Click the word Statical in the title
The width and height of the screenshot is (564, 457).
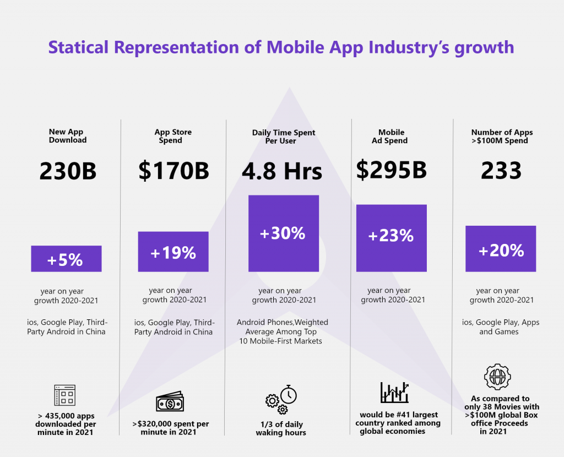pyautogui.click(x=78, y=47)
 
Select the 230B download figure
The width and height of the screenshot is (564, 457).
pyautogui.click(x=68, y=171)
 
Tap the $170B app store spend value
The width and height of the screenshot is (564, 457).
pyautogui.click(x=173, y=171)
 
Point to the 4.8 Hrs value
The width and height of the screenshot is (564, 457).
pyautogui.click(x=282, y=171)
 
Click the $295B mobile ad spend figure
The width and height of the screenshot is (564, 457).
pyautogui.click(x=391, y=170)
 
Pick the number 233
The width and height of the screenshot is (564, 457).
pyautogui.click(x=501, y=171)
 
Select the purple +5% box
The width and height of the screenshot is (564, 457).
pyautogui.click(x=66, y=259)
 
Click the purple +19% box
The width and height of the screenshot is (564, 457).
pyautogui.click(x=173, y=252)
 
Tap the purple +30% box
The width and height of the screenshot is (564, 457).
pyautogui.click(x=283, y=233)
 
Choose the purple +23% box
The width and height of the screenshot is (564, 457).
pyautogui.click(x=391, y=238)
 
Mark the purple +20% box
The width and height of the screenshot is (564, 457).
pyautogui.click(x=501, y=249)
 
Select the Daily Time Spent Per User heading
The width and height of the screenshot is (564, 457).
pyautogui.click(x=284, y=137)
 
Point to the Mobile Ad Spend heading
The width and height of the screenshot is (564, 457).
pyautogui.click(x=392, y=136)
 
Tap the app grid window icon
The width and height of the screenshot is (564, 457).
pyautogui.click(x=64, y=395)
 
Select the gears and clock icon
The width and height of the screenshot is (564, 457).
pyautogui.click(x=281, y=400)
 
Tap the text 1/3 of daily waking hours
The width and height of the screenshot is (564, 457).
pyautogui.click(x=281, y=428)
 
